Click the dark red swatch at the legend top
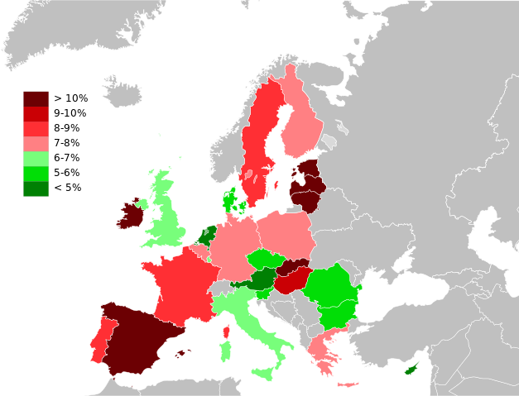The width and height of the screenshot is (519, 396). click(36, 98)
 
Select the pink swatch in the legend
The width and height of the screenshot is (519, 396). click(36, 144)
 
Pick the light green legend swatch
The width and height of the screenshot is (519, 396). click(36, 159)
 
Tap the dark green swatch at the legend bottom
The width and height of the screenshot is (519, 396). click(36, 189)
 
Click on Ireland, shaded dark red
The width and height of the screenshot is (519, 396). click(130, 215)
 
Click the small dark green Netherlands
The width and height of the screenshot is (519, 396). click(208, 234)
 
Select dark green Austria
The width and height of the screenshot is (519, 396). click(262, 282)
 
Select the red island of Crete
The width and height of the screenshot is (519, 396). click(348, 384)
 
